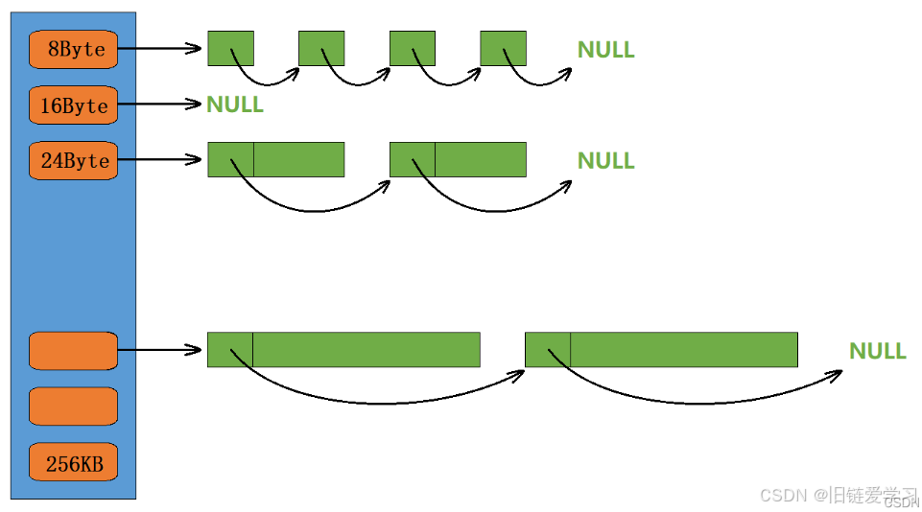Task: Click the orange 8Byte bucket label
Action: [x=73, y=49]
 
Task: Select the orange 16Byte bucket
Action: [x=73, y=105]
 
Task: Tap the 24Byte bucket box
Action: [x=73, y=160]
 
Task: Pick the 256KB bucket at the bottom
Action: [x=73, y=466]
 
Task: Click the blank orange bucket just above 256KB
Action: [x=73, y=406]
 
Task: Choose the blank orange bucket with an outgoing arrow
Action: [x=73, y=350]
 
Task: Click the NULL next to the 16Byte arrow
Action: [x=235, y=105]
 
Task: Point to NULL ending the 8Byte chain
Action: [x=605, y=50]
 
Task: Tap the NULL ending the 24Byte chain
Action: [x=605, y=160]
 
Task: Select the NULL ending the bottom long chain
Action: [x=877, y=351]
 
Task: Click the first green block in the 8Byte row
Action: [x=230, y=48]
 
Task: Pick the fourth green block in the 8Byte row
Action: [x=503, y=48]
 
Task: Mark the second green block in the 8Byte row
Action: [x=321, y=48]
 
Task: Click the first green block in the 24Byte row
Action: [x=276, y=159]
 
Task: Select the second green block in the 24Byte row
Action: [x=458, y=159]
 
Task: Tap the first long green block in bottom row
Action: [x=343, y=349]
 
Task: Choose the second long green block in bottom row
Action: [x=661, y=349]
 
